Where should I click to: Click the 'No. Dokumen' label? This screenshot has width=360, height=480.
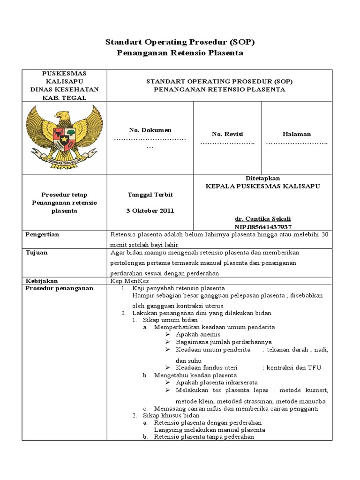point(150,130)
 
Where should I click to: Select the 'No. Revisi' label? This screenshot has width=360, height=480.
point(227,134)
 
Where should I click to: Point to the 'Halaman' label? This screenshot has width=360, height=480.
point(296,134)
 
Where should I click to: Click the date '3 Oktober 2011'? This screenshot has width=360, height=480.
point(150,210)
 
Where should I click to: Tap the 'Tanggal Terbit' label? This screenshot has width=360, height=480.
point(150,195)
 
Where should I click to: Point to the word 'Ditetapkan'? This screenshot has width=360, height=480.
point(263,178)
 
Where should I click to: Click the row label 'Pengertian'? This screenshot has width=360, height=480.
point(42,235)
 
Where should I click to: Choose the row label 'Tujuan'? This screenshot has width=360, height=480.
point(36,253)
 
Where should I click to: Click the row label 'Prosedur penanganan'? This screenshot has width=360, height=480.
point(59,288)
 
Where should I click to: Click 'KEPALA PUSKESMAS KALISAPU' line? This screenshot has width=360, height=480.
point(263,186)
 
